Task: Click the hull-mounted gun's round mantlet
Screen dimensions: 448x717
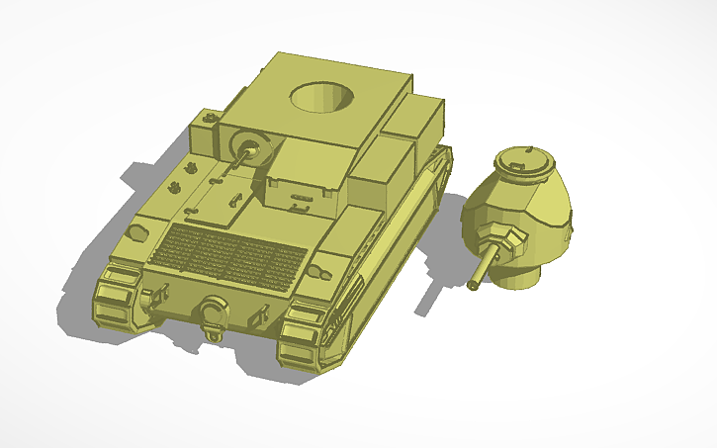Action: [x=247, y=150]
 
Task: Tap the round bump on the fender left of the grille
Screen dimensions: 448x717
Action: [x=138, y=230]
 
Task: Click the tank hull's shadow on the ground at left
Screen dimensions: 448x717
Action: [x=148, y=178]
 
